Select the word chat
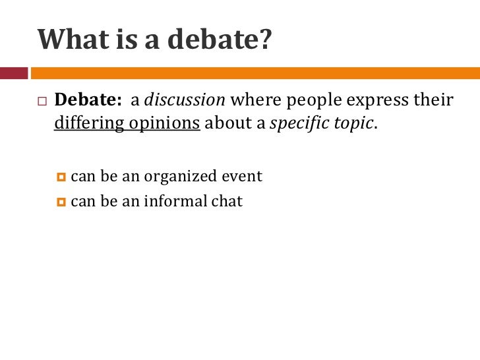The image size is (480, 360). click(227, 201)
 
